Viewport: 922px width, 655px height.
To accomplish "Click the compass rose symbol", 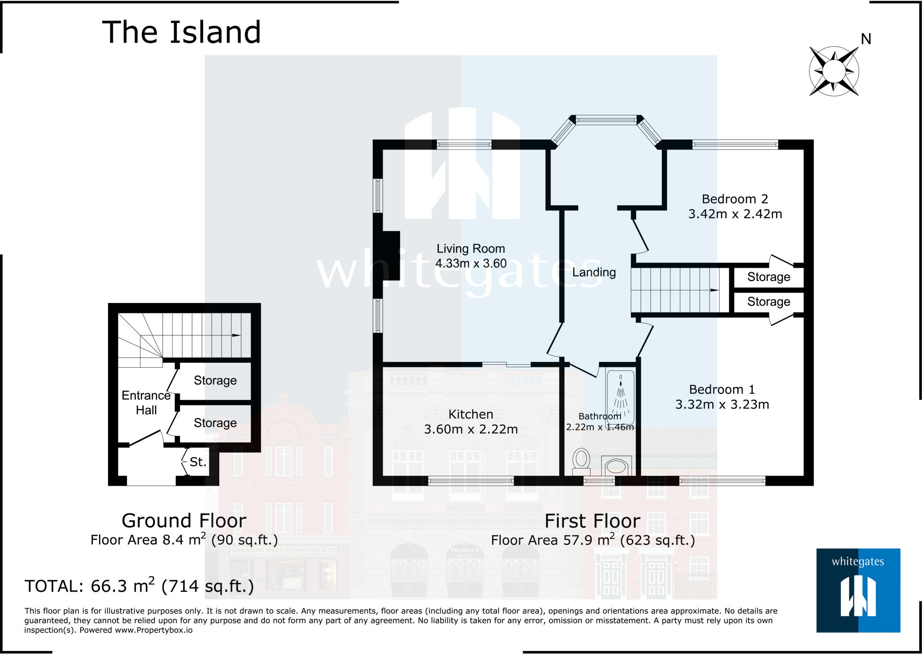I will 834,71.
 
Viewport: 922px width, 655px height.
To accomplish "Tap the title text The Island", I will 181,32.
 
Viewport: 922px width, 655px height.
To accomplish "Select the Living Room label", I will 470,248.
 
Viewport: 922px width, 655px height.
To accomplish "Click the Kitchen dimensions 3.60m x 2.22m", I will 470,429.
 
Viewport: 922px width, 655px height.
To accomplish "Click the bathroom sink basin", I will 616,466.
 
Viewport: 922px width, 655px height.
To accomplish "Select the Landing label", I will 594,272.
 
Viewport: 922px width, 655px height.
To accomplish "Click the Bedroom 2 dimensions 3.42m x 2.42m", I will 735,214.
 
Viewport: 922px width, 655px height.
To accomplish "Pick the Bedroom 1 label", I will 722,389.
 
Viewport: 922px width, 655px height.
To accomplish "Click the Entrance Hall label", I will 146,402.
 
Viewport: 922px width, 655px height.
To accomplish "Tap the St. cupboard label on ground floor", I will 198,462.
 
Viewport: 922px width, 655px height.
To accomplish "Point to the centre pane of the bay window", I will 606,120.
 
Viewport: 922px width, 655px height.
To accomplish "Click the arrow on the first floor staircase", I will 714,290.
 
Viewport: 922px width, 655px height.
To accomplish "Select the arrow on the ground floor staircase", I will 236,335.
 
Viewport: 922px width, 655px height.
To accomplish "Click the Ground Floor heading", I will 184,521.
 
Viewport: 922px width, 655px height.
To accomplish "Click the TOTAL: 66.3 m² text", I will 139,586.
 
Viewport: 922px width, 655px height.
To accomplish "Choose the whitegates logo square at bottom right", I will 858,590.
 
